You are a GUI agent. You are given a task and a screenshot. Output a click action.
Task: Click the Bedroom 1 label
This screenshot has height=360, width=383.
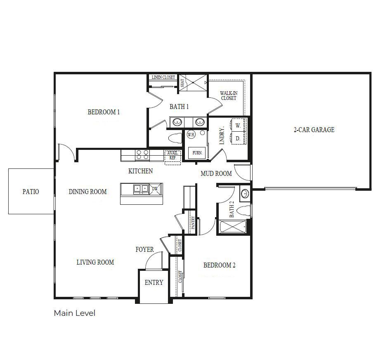104,112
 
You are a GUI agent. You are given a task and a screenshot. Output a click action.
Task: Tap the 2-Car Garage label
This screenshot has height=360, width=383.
314,130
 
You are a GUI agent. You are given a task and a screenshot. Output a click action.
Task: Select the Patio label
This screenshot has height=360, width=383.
31,192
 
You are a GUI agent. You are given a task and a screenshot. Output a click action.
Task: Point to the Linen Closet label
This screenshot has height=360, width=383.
163,77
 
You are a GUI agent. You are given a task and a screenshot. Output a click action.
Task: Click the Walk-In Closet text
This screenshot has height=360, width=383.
228,96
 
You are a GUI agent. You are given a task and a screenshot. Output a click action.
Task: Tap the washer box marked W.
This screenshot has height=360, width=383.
238,125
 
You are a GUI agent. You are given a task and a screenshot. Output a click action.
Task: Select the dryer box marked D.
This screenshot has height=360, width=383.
238,139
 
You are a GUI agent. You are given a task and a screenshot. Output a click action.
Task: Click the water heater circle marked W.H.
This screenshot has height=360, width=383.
191,135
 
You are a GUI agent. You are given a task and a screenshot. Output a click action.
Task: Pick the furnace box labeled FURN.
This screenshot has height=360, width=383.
197,153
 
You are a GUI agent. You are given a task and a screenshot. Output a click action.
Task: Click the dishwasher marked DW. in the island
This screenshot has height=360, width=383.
155,189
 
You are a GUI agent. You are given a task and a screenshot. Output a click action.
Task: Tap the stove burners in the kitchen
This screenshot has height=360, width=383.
142,155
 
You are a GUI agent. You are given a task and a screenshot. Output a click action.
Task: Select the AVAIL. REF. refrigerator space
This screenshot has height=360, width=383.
173,156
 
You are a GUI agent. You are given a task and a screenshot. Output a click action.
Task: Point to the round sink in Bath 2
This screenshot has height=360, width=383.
244,193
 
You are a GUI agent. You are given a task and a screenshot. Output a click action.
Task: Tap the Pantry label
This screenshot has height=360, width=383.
193,223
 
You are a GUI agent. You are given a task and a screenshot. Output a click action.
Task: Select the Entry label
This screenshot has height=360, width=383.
154,283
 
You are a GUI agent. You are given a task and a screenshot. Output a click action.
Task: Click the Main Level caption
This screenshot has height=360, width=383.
75,313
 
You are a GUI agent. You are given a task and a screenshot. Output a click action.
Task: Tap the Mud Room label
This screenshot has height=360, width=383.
216,174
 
